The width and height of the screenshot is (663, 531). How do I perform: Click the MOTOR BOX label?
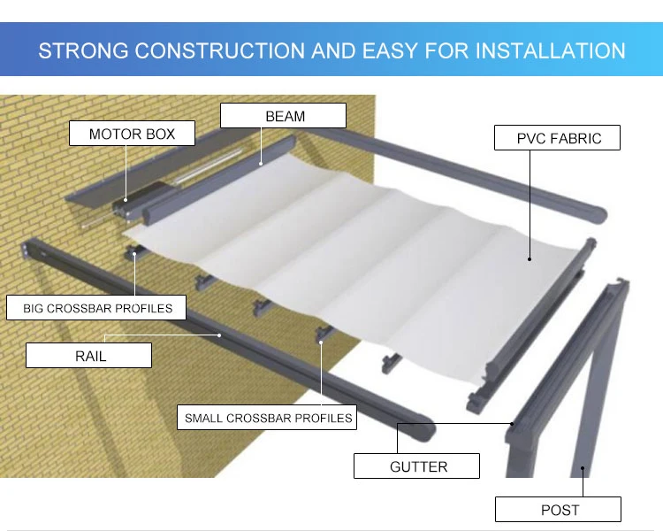(x=133, y=135)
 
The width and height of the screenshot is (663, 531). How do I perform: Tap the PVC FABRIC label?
(x=559, y=138)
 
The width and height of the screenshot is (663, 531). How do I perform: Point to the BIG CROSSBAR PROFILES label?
(x=97, y=308)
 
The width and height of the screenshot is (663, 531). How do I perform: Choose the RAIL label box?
(x=90, y=356)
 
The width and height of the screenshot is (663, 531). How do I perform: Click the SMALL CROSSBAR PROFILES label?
(x=268, y=418)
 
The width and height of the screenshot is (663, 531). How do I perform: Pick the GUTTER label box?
(x=418, y=466)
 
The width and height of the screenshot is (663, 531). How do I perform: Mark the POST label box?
(x=559, y=510)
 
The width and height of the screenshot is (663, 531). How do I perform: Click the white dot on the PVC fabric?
(x=530, y=259)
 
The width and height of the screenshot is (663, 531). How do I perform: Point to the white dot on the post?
(x=583, y=470)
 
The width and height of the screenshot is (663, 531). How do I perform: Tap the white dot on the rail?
(x=220, y=335)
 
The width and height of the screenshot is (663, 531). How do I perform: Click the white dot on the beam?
(x=261, y=163)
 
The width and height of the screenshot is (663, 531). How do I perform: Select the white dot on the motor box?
(x=126, y=200)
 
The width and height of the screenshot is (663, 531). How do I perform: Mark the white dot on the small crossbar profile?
(x=320, y=337)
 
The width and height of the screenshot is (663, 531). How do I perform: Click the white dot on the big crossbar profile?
(x=134, y=254)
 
